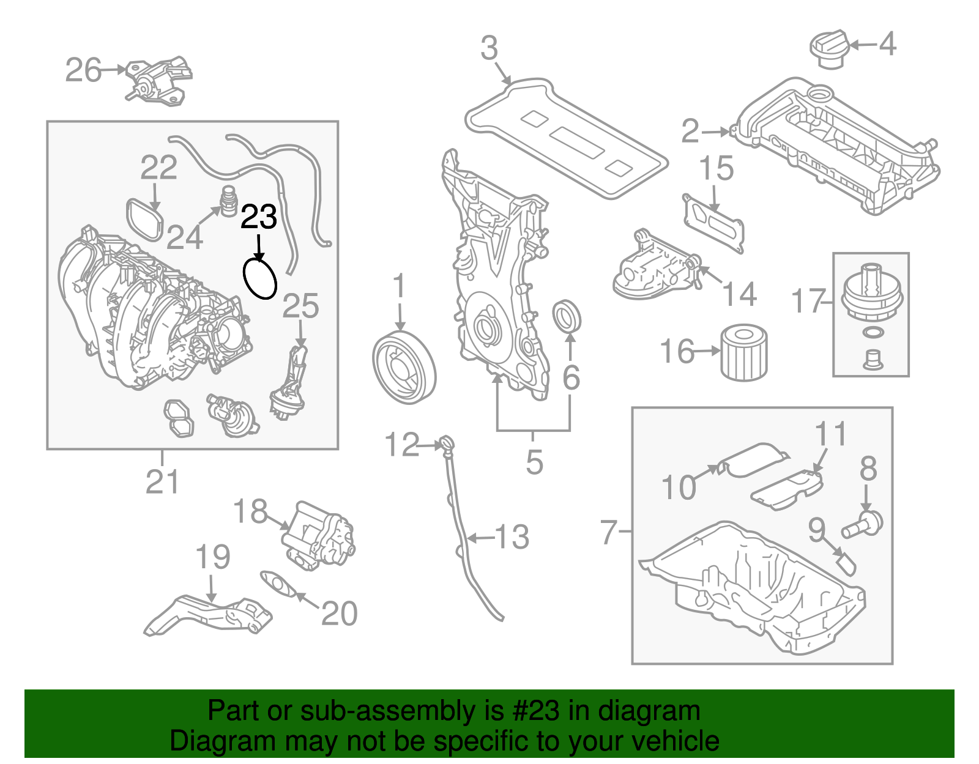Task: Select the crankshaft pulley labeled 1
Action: (404, 367)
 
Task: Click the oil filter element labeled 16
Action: (743, 353)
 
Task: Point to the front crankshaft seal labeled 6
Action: (567, 316)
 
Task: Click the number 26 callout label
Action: (83, 70)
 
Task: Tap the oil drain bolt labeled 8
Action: (863, 524)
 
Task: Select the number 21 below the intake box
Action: (162, 482)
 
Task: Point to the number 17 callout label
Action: (809, 302)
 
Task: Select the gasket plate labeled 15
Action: (714, 222)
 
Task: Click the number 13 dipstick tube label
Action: (512, 537)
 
